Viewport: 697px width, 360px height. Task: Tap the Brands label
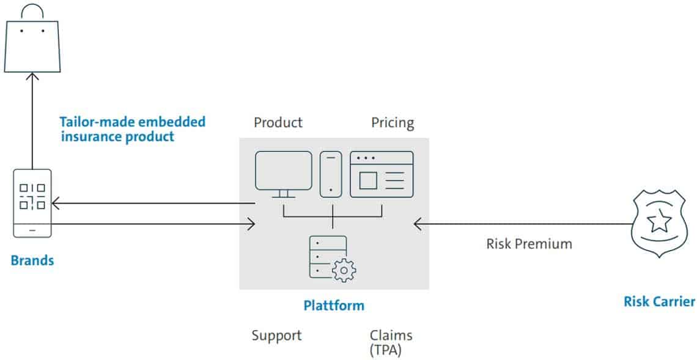[x=32, y=260]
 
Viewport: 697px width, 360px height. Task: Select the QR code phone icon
[x=32, y=203]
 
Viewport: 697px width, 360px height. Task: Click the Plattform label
[x=334, y=306]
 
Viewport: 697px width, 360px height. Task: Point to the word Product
[x=278, y=122]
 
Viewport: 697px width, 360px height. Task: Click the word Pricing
[x=393, y=123]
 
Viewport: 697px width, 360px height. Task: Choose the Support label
[x=276, y=336]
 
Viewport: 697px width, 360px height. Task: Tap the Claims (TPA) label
[x=391, y=343]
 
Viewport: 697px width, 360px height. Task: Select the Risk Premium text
[x=529, y=243]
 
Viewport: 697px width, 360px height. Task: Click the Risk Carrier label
[x=659, y=301]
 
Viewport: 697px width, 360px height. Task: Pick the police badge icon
[x=658, y=224]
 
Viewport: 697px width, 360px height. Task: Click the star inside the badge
[x=659, y=221]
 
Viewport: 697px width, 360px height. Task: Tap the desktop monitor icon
[x=284, y=174]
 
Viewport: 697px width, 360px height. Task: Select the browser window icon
[x=382, y=174]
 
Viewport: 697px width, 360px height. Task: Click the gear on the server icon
[x=344, y=270]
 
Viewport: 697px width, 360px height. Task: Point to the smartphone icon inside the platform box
[x=331, y=174]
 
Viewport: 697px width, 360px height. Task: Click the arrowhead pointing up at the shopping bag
[x=32, y=76]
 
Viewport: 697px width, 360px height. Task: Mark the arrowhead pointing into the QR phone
[x=56, y=204]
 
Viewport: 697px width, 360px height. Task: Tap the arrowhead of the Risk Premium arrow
[x=418, y=224]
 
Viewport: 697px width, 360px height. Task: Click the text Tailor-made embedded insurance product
[x=133, y=129]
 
